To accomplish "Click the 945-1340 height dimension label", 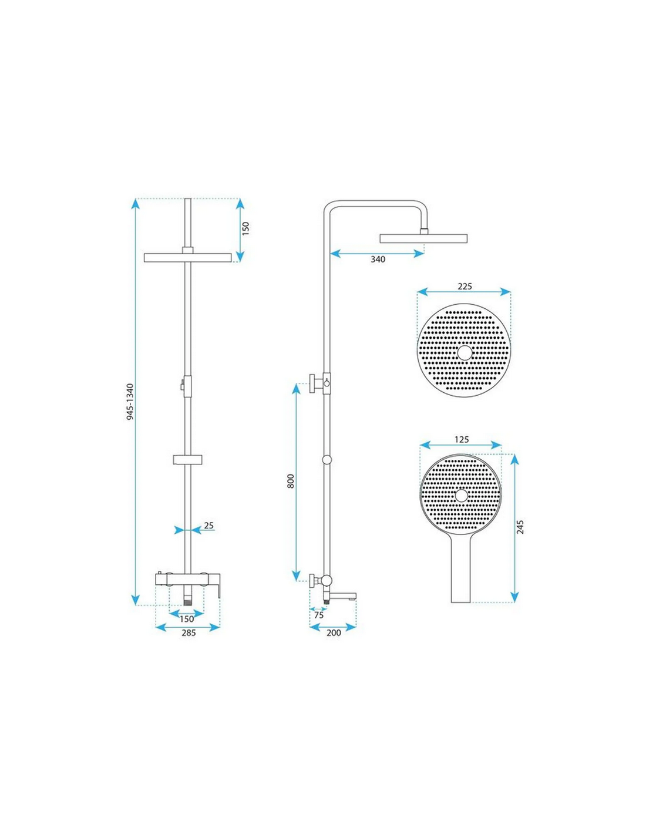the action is pos(130,401).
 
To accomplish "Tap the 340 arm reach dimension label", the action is pos(378,259).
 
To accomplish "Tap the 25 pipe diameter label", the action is pos(208,526).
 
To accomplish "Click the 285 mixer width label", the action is pos(189,632).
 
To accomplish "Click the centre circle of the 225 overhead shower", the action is pos(464,352).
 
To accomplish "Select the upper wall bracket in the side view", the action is pos(319,383).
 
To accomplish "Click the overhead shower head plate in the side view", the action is pos(423,238).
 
